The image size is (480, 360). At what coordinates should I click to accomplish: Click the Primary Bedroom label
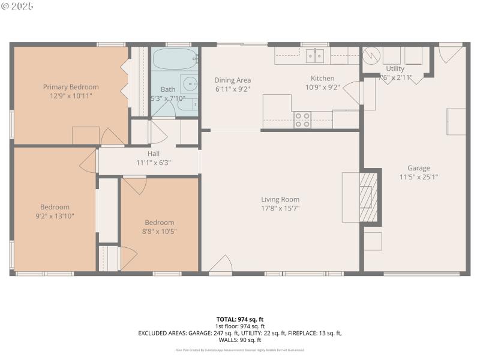click(71, 87)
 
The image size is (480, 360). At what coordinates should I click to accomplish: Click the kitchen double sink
click(314, 56)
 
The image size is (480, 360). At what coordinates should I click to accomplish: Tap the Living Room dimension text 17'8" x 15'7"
click(280, 208)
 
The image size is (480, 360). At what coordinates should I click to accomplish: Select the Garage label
click(419, 168)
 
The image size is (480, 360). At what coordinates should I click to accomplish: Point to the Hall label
click(154, 154)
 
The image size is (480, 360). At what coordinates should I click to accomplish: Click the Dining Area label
click(233, 80)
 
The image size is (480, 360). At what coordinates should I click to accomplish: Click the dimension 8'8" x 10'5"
click(160, 231)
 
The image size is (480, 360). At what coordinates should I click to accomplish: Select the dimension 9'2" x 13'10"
click(55, 216)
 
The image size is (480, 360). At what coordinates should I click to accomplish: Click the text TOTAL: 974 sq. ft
click(240, 319)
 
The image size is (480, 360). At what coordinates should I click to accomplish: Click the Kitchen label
click(322, 79)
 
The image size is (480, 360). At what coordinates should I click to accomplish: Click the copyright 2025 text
click(17, 6)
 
